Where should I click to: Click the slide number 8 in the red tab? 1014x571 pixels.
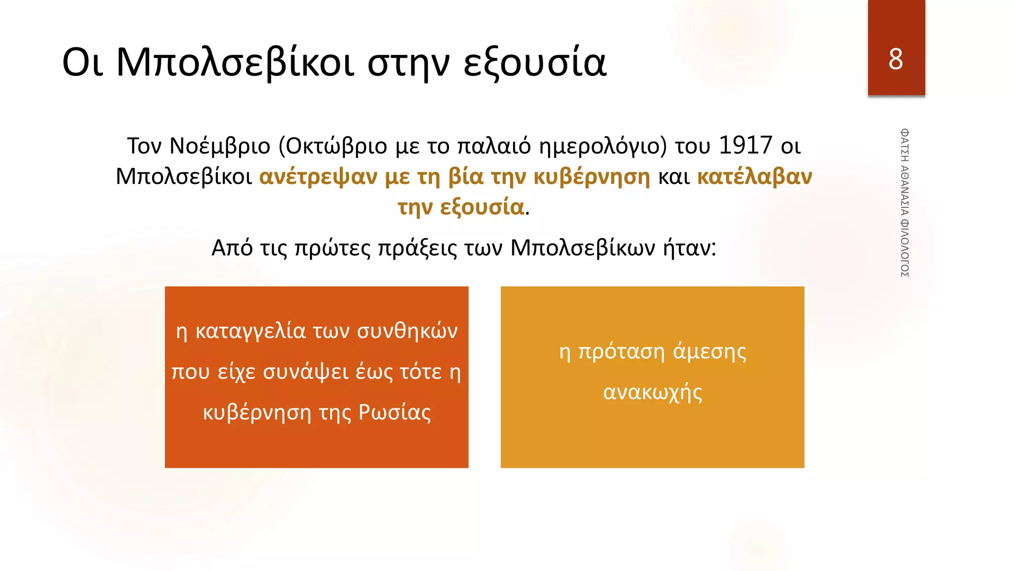pyautogui.click(x=896, y=59)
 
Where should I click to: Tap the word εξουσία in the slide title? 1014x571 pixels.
pyautogui.click(x=535, y=62)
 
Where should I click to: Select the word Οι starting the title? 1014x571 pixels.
pyautogui.click(x=83, y=62)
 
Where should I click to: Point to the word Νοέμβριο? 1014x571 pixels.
pyautogui.click(x=220, y=146)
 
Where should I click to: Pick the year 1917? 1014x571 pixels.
pyautogui.click(x=745, y=145)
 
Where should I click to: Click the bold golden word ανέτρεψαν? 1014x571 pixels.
pyautogui.click(x=318, y=176)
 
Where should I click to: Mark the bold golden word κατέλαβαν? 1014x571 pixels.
pyautogui.click(x=755, y=176)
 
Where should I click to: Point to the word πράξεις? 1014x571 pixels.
pyautogui.click(x=417, y=247)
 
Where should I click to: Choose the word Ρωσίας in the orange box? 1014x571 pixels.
pyautogui.click(x=395, y=412)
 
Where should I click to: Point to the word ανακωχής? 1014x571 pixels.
pyautogui.click(x=653, y=392)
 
